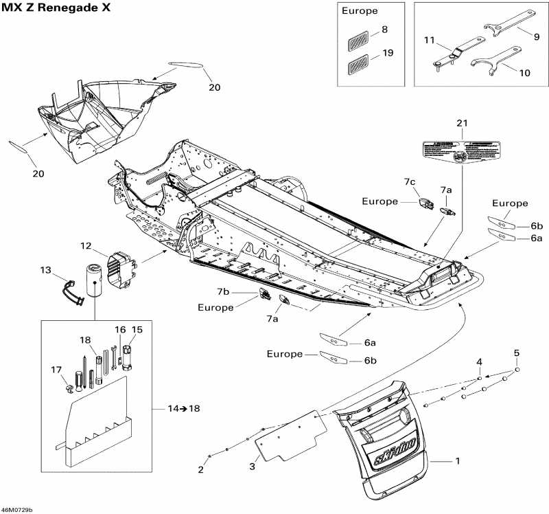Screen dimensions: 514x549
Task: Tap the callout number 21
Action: pos(461,123)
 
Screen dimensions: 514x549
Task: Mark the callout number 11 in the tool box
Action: pos(430,41)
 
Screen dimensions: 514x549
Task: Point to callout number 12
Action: pos(85,246)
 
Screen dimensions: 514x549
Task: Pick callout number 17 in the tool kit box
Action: pos(56,370)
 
